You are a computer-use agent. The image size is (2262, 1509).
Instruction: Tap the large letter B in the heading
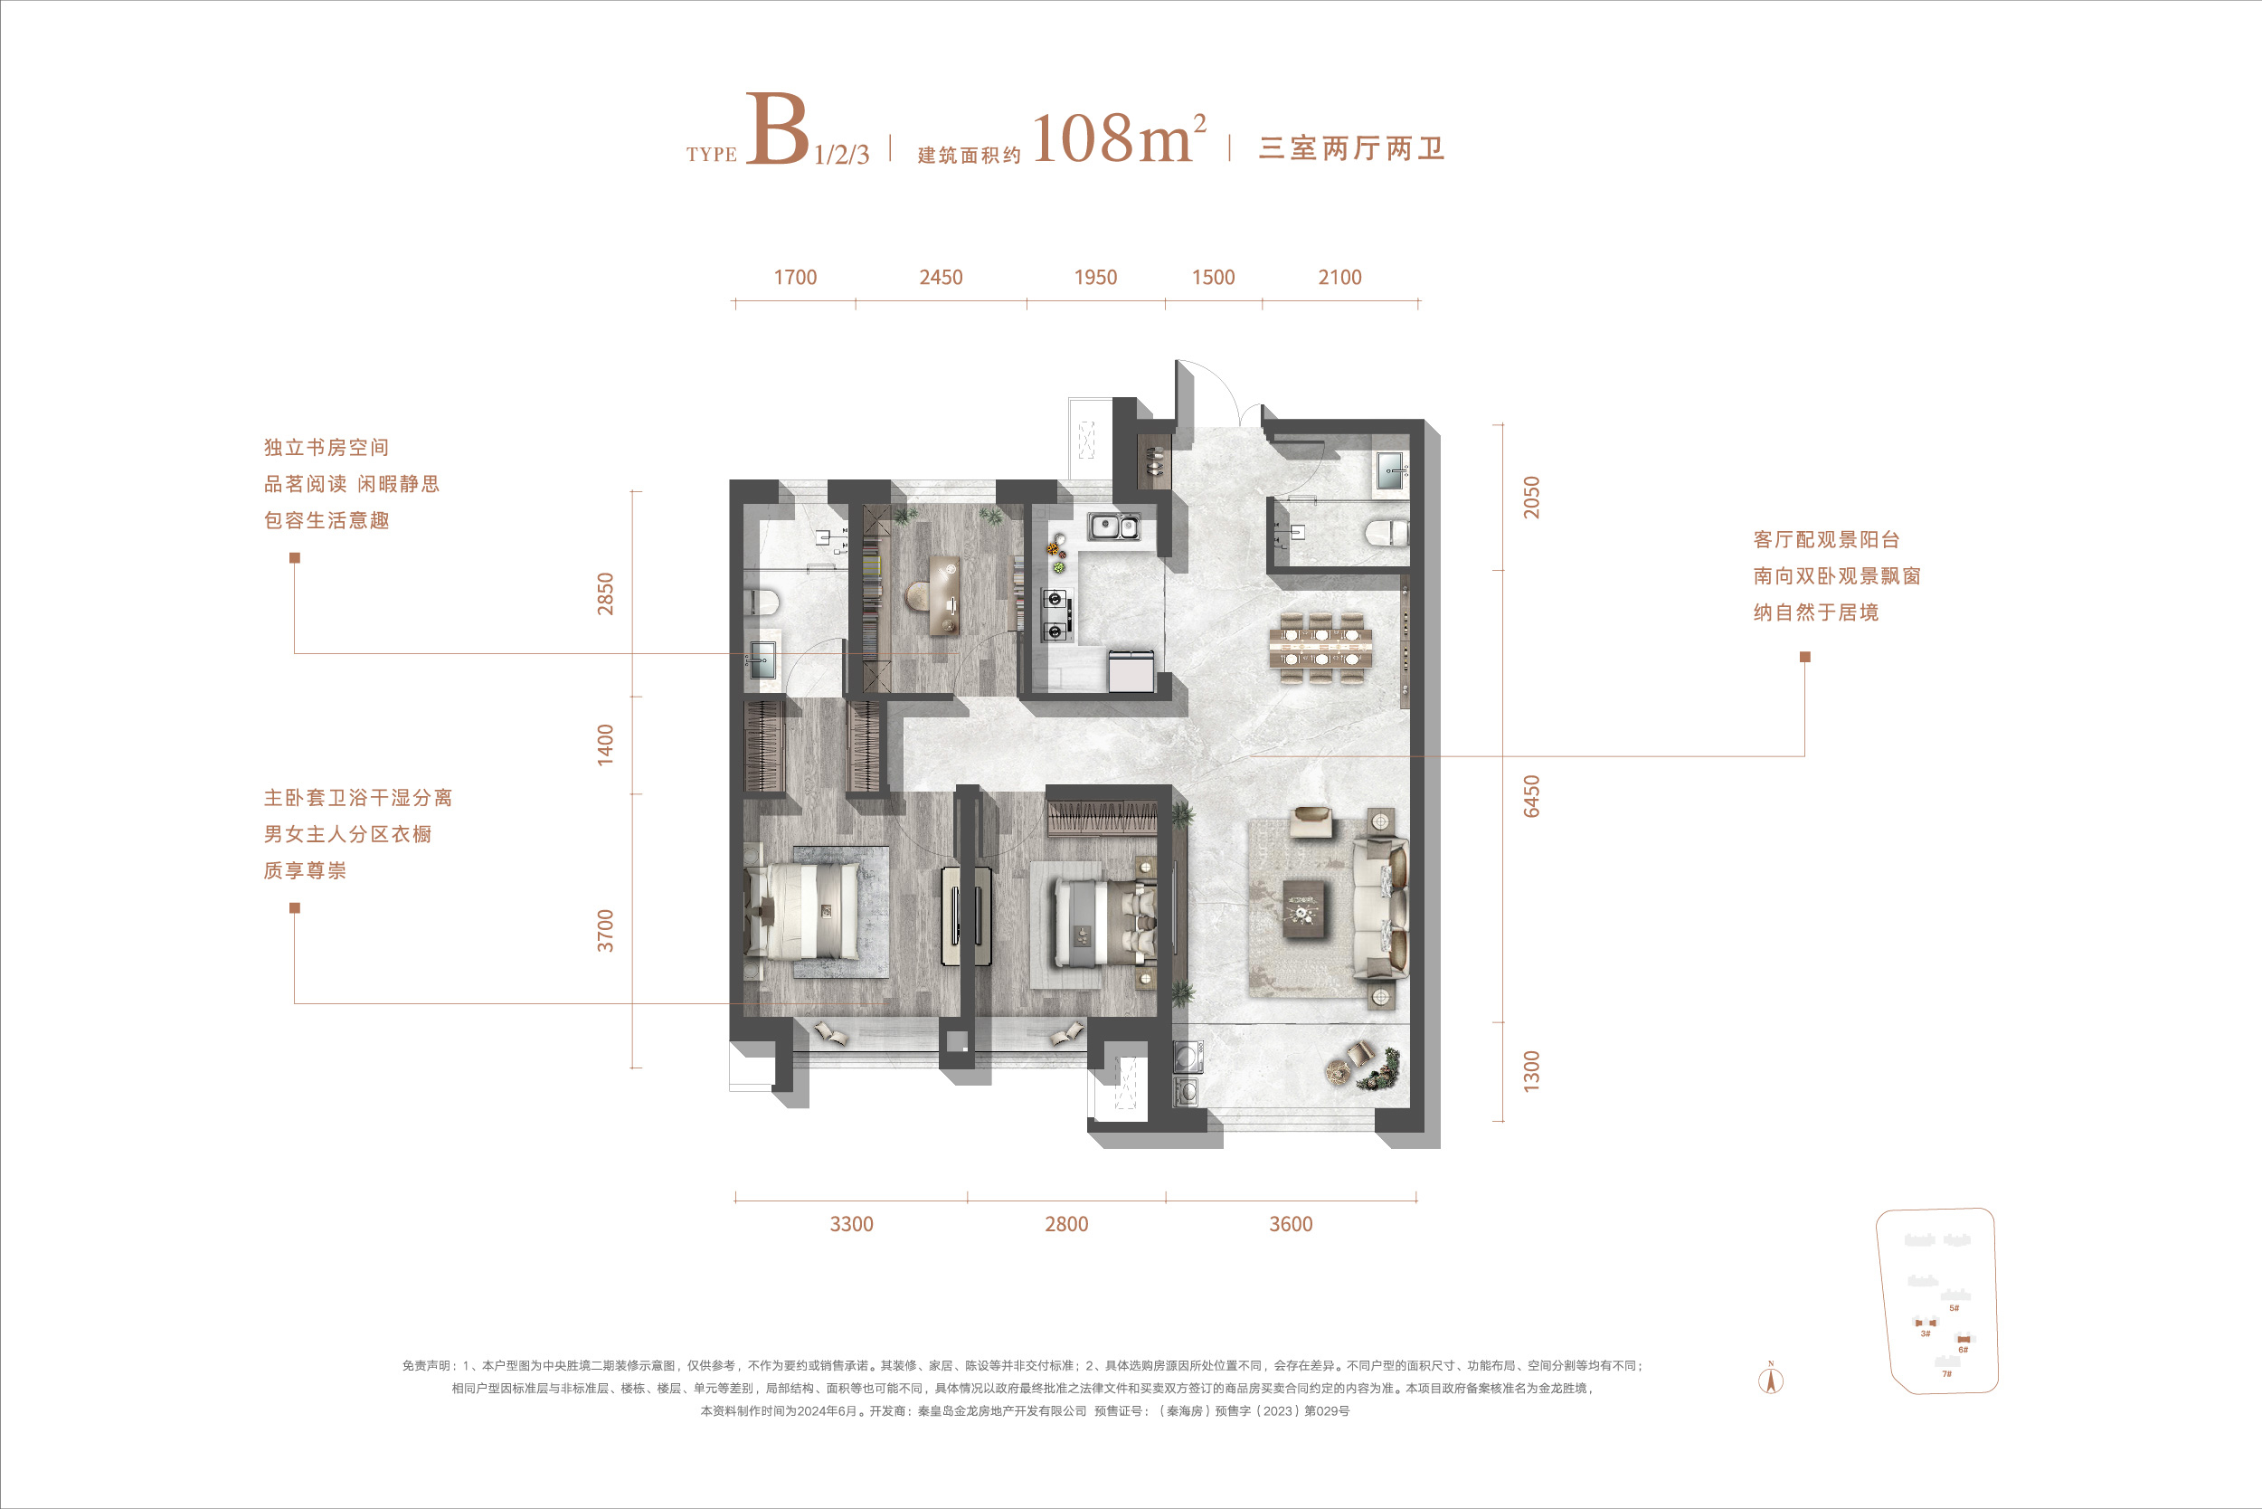pos(776,129)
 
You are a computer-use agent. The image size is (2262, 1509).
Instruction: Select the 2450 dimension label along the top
pos(940,277)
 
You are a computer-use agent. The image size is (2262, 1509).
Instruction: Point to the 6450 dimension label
pos(1531,796)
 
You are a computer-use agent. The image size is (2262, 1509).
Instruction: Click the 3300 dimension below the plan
pos(851,1224)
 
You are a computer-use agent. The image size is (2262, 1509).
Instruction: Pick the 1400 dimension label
pos(604,745)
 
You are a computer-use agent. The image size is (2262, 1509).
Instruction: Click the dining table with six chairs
pos(1322,647)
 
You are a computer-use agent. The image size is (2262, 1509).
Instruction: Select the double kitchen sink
pos(1114,527)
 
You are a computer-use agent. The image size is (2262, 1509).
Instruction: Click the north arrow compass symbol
pos(1770,1379)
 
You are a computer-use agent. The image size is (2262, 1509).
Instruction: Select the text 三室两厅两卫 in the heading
pos(1352,148)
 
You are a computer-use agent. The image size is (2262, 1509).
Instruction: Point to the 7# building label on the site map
pos(1946,1373)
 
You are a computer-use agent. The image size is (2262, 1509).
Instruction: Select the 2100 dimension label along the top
pos(1339,277)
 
